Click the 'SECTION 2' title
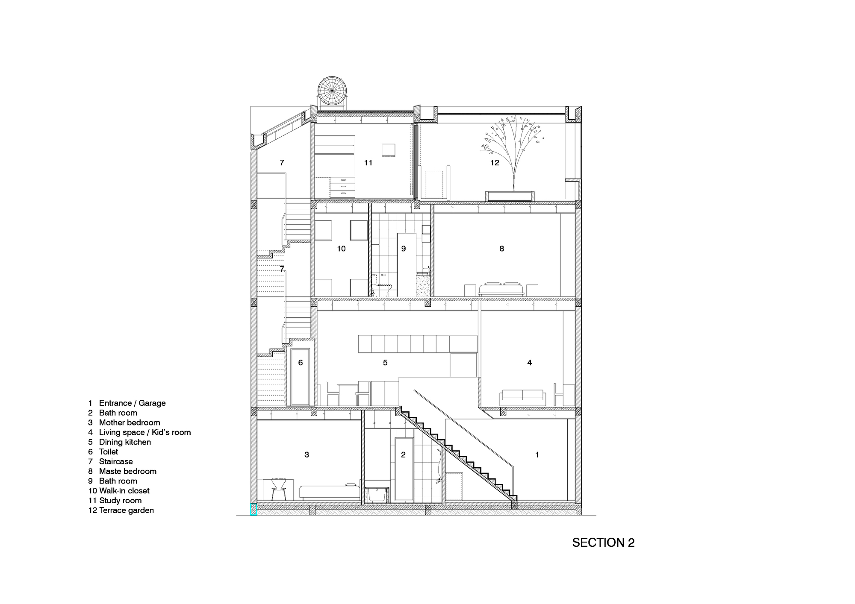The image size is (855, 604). tap(603, 542)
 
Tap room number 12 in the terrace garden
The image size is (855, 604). tap(495, 163)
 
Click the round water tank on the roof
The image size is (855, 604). tap(332, 91)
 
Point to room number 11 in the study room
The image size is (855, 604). tap(368, 163)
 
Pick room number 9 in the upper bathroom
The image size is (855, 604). tap(403, 249)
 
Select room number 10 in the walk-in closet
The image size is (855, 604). tap(341, 249)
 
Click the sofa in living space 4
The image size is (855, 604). tap(523, 398)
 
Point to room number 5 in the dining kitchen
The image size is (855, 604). tap(385, 363)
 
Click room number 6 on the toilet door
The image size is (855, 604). tap(301, 363)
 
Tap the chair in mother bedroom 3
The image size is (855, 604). tap(280, 489)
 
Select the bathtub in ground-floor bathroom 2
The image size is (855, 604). tap(377, 495)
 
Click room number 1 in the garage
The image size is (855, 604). tap(537, 455)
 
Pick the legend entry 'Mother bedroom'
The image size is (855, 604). tap(130, 422)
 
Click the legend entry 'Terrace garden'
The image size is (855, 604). tap(126, 510)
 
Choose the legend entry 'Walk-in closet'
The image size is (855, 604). tap(124, 491)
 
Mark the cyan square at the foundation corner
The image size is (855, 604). tap(253, 510)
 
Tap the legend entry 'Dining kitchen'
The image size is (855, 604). tap(125, 442)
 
